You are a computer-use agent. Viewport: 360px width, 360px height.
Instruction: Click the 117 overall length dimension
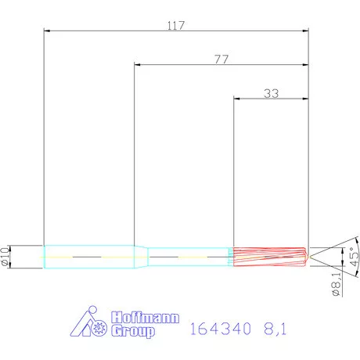(x=175, y=25)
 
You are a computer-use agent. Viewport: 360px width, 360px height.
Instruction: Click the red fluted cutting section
(x=266, y=256)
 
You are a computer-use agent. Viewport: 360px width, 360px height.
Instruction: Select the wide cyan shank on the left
(x=88, y=256)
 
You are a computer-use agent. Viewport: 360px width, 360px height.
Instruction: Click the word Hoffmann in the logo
(x=146, y=319)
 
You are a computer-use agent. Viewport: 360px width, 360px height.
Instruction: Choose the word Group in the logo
(x=133, y=332)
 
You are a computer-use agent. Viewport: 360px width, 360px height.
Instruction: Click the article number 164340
(x=219, y=330)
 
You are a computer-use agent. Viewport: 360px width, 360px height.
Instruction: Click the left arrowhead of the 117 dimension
(x=47, y=31)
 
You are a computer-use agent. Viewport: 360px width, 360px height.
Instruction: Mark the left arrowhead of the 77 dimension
(x=138, y=65)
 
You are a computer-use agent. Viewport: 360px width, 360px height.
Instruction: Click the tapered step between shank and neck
(x=142, y=256)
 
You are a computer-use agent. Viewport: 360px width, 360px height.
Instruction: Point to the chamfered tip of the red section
(x=305, y=256)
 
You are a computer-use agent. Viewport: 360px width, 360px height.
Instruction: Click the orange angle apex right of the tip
(x=312, y=256)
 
